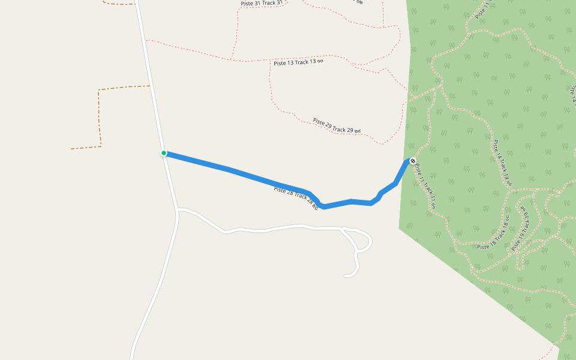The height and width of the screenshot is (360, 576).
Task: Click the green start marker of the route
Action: [163, 153]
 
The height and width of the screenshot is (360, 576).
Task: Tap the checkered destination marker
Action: [412, 161]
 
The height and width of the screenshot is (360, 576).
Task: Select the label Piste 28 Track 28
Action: [296, 197]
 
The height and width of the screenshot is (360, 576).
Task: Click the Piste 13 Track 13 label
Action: [298, 62]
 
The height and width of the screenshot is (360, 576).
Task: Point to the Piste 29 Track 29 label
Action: [337, 125]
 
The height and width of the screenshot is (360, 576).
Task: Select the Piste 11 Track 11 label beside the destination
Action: [425, 186]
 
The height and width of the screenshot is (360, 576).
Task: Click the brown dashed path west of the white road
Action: [100, 117]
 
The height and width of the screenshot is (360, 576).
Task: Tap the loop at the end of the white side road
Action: [364, 242]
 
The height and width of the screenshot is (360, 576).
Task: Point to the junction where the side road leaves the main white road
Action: [178, 209]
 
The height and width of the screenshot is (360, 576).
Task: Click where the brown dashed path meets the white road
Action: [150, 86]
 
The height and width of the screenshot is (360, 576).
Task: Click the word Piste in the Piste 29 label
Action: [320, 121]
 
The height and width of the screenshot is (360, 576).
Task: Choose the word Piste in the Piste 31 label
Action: [247, 4]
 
